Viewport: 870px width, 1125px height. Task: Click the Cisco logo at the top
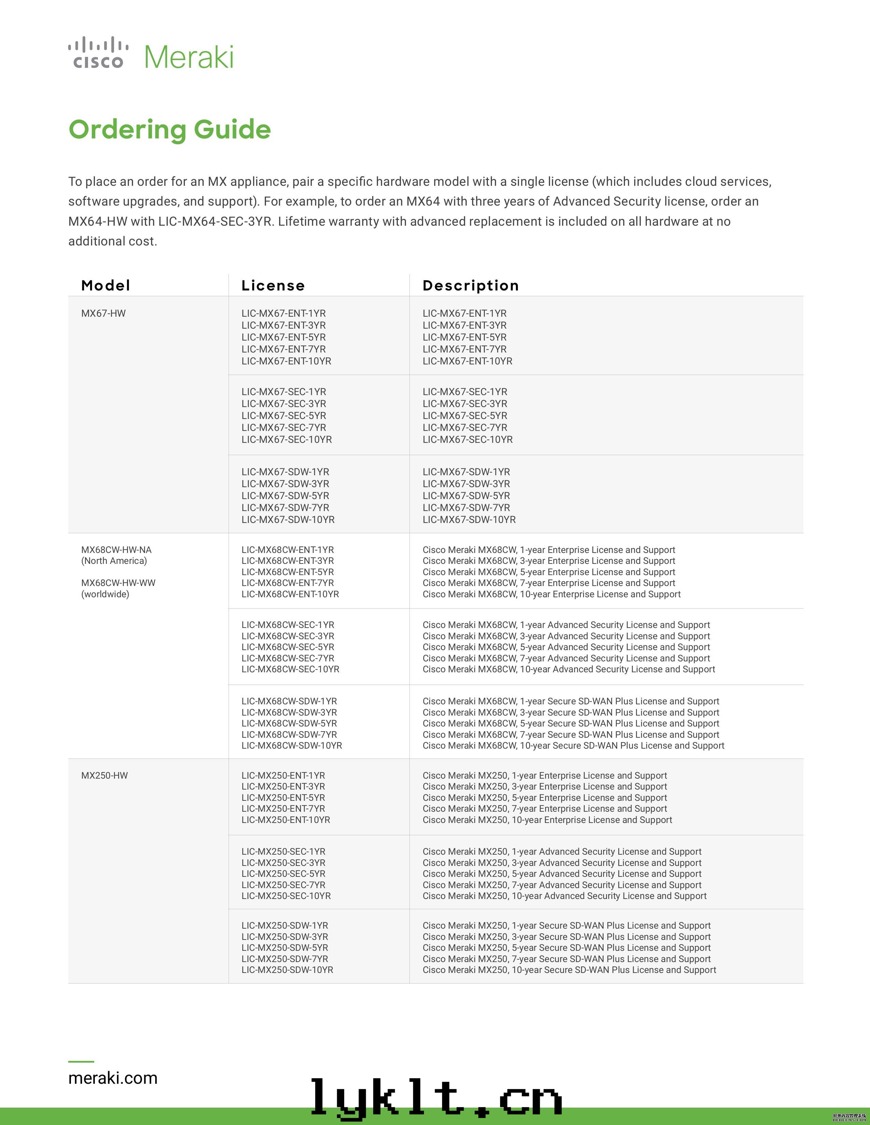(98, 53)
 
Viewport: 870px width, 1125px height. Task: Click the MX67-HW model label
(103, 313)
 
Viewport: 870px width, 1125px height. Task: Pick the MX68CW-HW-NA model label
(116, 550)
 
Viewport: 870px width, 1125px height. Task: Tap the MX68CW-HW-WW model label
(118, 583)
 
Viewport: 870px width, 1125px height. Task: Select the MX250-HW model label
(104, 775)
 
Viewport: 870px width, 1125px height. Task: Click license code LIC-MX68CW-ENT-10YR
(290, 594)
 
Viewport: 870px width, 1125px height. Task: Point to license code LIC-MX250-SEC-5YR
(284, 874)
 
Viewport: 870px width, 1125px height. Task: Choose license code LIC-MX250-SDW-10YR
(287, 970)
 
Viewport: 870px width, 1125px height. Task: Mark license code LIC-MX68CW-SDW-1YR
(289, 701)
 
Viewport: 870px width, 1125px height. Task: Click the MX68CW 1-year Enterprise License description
(548, 550)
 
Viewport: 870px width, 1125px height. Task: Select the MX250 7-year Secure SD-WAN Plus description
(566, 959)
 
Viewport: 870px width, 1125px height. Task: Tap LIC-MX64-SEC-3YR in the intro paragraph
(214, 222)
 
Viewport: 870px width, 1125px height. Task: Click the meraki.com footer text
(113, 1078)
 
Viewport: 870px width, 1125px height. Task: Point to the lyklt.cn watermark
(436, 1098)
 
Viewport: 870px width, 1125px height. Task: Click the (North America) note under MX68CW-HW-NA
(114, 560)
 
